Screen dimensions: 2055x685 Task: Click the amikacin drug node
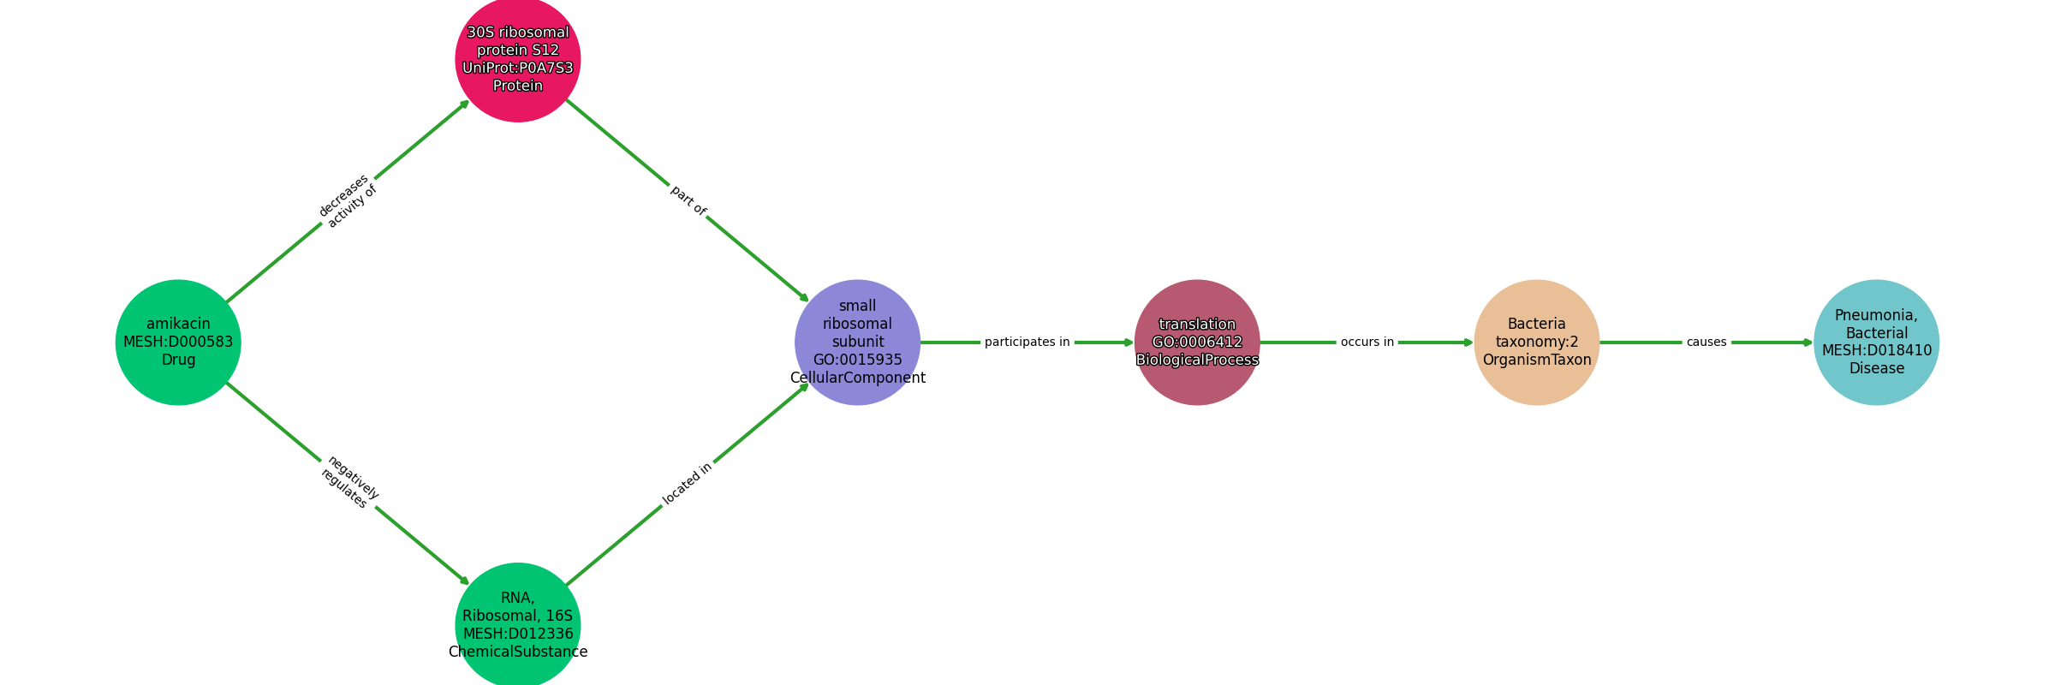pos(178,342)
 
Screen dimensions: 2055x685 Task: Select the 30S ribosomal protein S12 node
pos(518,59)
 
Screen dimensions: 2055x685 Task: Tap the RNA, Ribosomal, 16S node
pos(518,625)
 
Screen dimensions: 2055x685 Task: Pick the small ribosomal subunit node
pos(858,342)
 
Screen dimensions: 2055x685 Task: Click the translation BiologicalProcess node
pos(1197,342)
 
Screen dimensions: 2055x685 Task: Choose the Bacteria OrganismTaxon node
pos(1537,342)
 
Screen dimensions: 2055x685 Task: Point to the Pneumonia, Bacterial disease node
pos(1877,342)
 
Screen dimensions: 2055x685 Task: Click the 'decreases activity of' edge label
pos(348,201)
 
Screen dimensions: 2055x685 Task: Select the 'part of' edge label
pos(688,200)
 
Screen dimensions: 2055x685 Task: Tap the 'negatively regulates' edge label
pos(348,483)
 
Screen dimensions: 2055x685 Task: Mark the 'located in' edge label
pos(688,485)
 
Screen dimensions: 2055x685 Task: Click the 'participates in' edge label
pos(1027,342)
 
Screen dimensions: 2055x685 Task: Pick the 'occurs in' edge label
pos(1367,342)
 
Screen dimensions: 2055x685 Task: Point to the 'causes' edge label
pos(1707,342)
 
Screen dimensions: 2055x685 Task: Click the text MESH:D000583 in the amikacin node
pos(178,342)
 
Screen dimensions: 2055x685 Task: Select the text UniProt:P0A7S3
pos(518,68)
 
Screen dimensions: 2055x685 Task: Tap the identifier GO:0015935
pos(858,360)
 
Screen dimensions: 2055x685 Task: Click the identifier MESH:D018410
pos(1877,351)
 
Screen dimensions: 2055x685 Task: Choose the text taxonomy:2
pos(1537,342)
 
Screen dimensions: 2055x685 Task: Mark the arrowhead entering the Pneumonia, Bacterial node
pos(1809,342)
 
